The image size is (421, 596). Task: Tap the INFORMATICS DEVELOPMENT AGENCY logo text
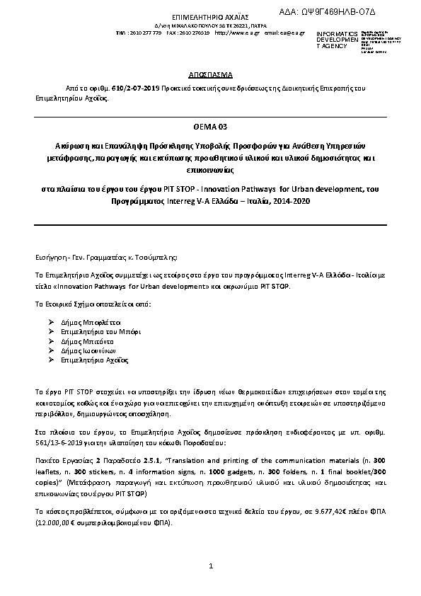(x=333, y=40)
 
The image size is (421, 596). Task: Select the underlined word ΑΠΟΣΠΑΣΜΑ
(x=210, y=74)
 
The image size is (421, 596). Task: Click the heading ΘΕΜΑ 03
(x=210, y=127)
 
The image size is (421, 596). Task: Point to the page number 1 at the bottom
(x=211, y=566)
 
